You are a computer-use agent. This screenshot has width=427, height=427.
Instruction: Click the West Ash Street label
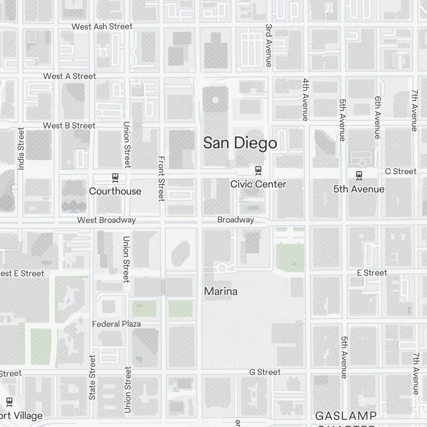[x=102, y=26]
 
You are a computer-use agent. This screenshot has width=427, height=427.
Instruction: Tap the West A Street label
[x=70, y=76]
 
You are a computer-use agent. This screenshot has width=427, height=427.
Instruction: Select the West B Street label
[x=69, y=126]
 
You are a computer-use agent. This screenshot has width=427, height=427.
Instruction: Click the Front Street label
[x=161, y=178]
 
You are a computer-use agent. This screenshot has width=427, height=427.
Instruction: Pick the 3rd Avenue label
[x=269, y=45]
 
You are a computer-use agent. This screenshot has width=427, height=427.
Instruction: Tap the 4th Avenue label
[x=305, y=99]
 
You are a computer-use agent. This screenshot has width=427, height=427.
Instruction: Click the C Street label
[x=401, y=171]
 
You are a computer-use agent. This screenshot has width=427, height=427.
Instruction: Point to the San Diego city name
[x=240, y=143]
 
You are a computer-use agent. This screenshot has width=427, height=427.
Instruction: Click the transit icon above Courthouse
[x=115, y=177]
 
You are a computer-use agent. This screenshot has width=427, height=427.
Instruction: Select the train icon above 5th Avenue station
[x=359, y=175]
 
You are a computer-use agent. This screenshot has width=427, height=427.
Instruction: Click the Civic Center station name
[x=258, y=184]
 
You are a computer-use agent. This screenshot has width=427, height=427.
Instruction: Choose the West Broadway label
[x=106, y=220]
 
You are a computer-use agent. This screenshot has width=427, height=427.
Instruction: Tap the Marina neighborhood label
[x=221, y=292]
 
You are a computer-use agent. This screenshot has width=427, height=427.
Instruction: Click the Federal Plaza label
[x=116, y=324]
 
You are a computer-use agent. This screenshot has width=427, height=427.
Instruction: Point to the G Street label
[x=265, y=372]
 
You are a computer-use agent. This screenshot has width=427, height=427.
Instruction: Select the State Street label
[x=92, y=377]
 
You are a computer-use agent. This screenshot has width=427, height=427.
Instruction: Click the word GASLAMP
[x=346, y=415]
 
